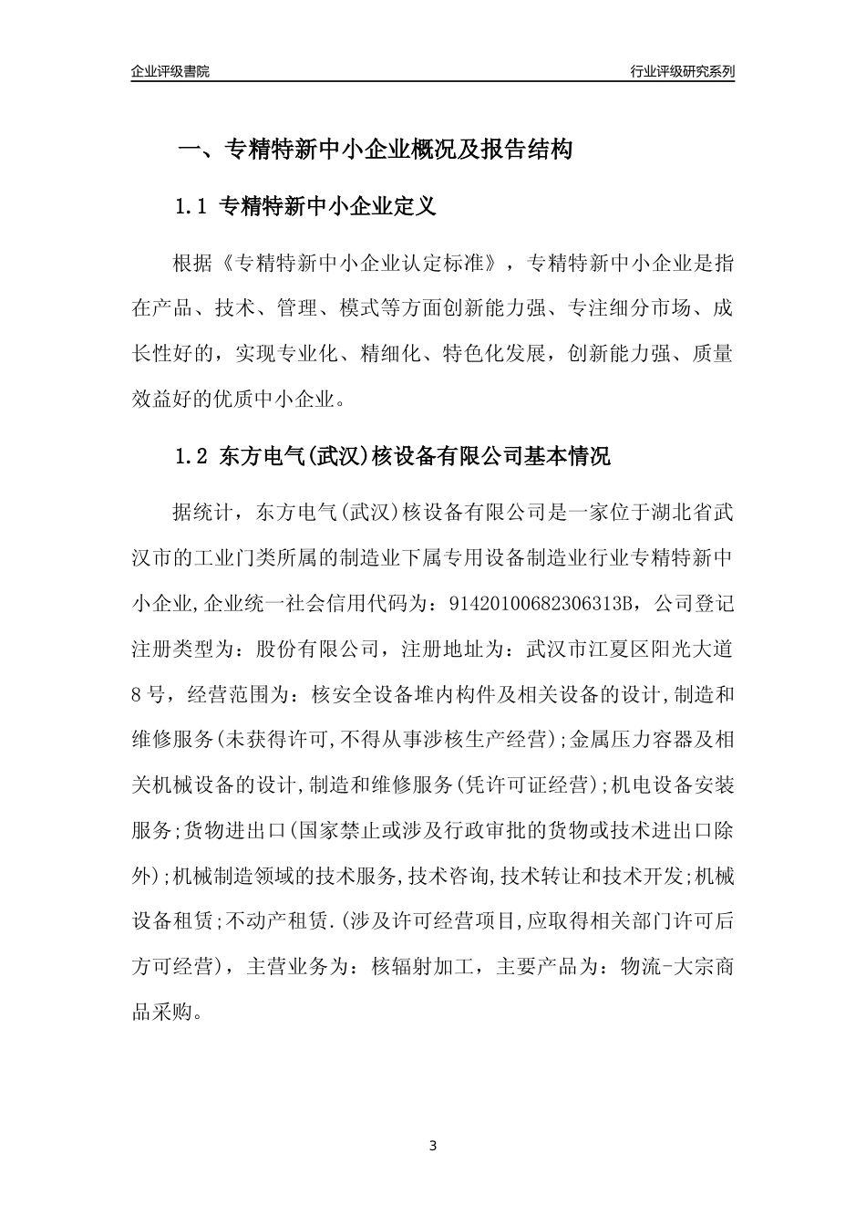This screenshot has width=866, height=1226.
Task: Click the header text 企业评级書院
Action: [170, 71]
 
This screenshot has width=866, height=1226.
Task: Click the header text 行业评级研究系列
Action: [682, 71]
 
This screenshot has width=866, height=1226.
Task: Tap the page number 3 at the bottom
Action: [433, 1146]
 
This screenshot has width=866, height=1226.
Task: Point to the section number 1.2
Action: [192, 457]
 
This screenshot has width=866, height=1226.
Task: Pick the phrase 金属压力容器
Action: [633, 740]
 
